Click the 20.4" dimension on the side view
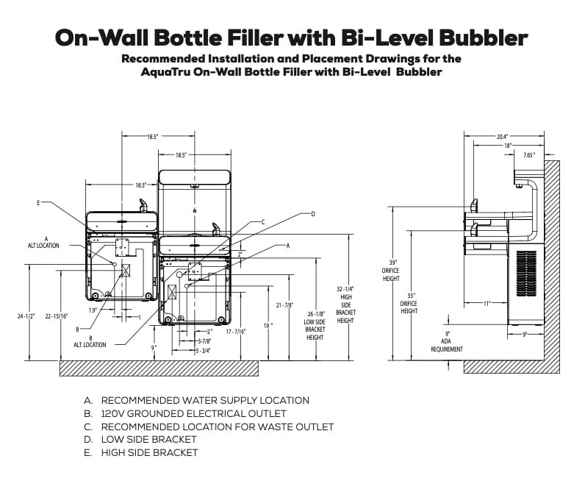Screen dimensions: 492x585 click(503, 137)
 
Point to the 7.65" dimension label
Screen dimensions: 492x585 click(528, 155)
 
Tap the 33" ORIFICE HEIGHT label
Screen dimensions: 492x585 click(409, 303)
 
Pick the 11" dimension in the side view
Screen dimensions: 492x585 click(487, 303)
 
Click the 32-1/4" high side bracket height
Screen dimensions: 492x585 click(345, 304)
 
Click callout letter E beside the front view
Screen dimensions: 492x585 click(37, 202)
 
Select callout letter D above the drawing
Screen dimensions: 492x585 click(312, 214)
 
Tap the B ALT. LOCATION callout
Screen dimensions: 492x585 click(90, 341)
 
